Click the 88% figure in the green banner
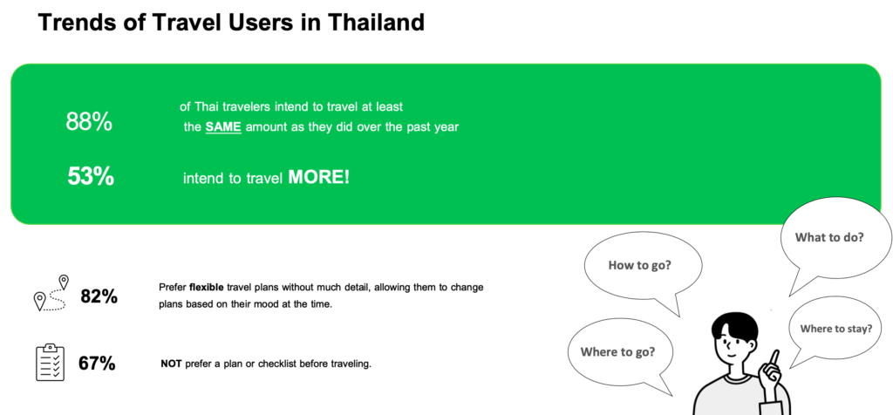(x=89, y=122)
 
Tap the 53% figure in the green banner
(x=91, y=176)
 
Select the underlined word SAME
(x=223, y=127)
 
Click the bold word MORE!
(x=319, y=177)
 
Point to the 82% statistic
(x=99, y=296)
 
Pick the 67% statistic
(x=98, y=364)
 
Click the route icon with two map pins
(x=51, y=293)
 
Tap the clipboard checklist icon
(x=50, y=362)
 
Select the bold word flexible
(x=205, y=288)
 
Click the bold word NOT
(x=172, y=364)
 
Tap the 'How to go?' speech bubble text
(x=639, y=265)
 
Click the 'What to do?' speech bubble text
(x=829, y=237)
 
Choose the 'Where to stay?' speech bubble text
(x=836, y=329)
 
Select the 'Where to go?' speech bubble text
(x=617, y=352)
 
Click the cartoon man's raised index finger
(x=775, y=358)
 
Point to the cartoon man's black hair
(x=734, y=326)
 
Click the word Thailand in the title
(x=377, y=22)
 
